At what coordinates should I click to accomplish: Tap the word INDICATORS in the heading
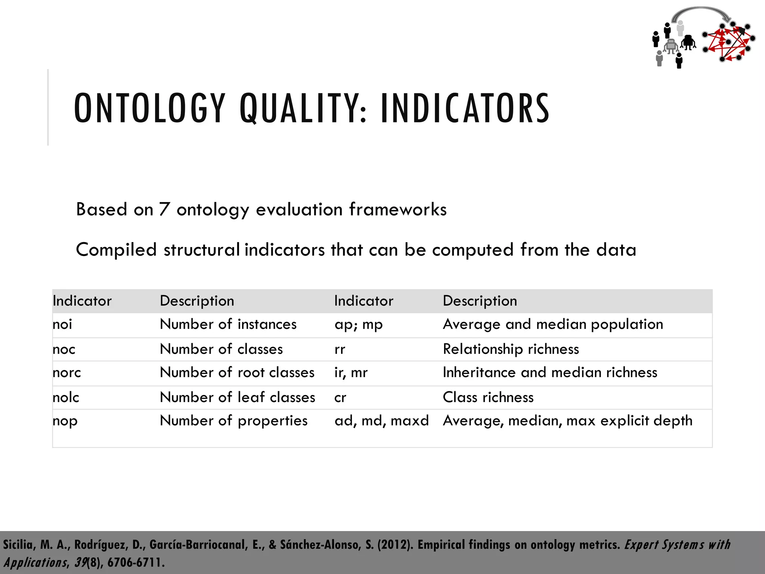click(x=465, y=108)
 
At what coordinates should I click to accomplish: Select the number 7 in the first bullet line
click(x=164, y=209)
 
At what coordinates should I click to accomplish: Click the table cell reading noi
click(x=62, y=324)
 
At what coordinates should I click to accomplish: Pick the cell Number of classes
click(x=221, y=349)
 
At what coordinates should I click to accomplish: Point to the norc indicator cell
click(x=67, y=373)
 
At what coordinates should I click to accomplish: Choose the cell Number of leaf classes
click(x=238, y=397)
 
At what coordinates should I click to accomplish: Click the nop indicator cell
click(x=65, y=421)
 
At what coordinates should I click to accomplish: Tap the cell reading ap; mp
click(x=359, y=324)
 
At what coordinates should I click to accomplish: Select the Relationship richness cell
click(x=511, y=349)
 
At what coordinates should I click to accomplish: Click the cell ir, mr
click(x=351, y=373)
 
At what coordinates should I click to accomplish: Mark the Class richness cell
click(x=488, y=397)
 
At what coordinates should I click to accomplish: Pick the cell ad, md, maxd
click(x=381, y=421)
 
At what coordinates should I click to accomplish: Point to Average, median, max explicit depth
click(x=567, y=421)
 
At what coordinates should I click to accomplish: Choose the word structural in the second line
click(x=202, y=250)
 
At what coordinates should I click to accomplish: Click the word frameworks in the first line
click(x=398, y=209)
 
